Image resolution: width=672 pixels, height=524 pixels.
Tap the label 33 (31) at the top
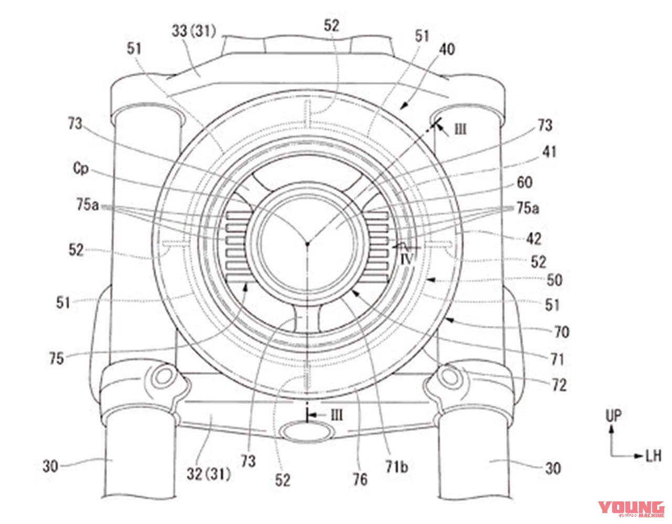(194, 32)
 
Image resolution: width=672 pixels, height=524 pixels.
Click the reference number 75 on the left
(56, 358)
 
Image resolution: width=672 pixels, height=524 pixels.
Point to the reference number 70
(561, 332)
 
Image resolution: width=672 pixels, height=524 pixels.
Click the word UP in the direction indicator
(613, 416)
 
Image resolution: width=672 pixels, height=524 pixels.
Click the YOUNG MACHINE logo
(631, 509)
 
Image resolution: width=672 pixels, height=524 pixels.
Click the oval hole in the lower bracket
(308, 431)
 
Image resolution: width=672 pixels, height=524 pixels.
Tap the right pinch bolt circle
(450, 376)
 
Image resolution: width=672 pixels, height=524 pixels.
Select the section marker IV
(408, 259)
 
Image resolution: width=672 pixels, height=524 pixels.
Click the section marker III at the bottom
(337, 415)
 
